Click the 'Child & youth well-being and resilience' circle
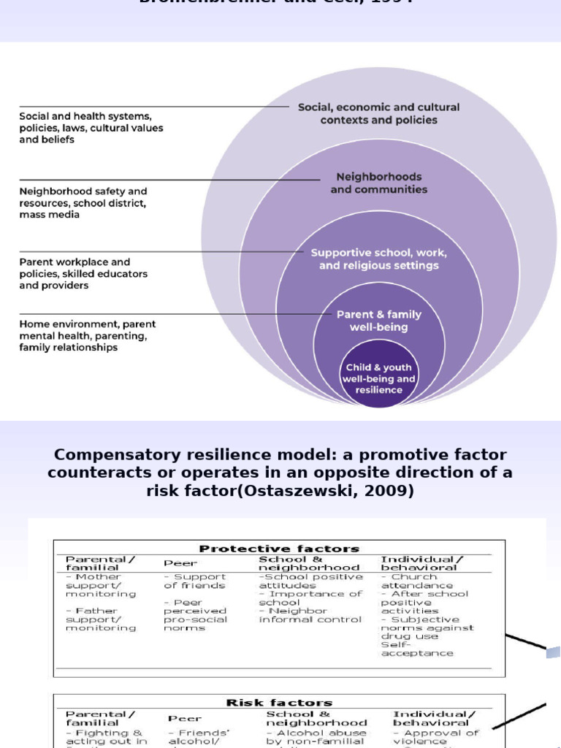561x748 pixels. coord(378,378)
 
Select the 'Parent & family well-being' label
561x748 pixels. coord(378,321)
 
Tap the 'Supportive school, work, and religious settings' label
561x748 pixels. coord(378,259)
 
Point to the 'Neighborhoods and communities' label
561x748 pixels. coord(378,183)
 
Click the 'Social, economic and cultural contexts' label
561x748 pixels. coord(378,113)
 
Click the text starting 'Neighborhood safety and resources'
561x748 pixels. coord(83,203)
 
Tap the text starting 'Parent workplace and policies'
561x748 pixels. coord(83,273)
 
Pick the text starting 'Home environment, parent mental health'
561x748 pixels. coord(87,336)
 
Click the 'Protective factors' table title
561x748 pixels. coord(280,549)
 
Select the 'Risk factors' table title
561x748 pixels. coord(279,703)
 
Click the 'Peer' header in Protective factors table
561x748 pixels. coord(180,563)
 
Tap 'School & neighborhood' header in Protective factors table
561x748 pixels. coord(309,563)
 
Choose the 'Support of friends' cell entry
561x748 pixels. coord(195,581)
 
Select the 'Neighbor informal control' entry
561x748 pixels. coord(310,615)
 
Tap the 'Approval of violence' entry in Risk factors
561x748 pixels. coord(437,736)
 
